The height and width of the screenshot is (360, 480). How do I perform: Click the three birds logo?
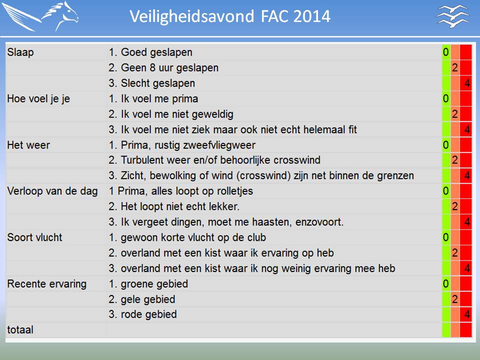pyautogui.click(x=452, y=16)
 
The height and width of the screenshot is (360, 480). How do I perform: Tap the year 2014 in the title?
pyautogui.click(x=311, y=16)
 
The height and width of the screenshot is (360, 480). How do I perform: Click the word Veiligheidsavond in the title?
pyautogui.click(x=191, y=16)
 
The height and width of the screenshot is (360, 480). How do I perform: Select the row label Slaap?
pyautogui.click(x=20, y=52)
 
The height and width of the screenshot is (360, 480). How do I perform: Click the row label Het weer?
pyautogui.click(x=28, y=145)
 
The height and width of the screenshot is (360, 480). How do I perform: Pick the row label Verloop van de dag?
pyautogui.click(x=52, y=191)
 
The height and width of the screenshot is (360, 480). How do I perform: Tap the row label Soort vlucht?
pyautogui.click(x=34, y=237)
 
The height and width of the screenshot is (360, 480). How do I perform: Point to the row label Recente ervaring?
pyautogui.click(x=47, y=284)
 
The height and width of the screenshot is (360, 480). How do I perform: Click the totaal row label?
pyautogui.click(x=20, y=329)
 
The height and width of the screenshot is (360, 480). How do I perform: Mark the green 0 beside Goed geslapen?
pyautogui.click(x=445, y=52)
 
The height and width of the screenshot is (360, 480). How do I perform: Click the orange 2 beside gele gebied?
pyautogui.click(x=455, y=299)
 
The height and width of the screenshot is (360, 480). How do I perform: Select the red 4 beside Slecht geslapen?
pyautogui.click(x=467, y=83)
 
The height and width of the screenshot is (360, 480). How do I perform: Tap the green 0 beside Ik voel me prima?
pyautogui.click(x=445, y=98)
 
